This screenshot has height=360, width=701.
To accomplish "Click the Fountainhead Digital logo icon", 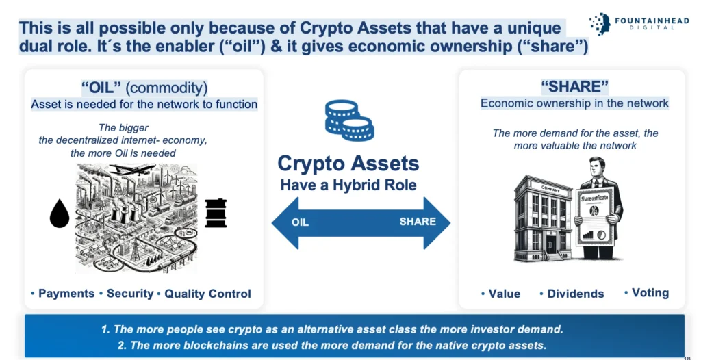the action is pyautogui.click(x=600, y=24).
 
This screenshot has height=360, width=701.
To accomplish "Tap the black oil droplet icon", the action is pyautogui.click(x=60, y=214).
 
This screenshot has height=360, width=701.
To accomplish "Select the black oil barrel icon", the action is pyautogui.click(x=216, y=213).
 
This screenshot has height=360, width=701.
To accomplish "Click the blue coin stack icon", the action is pyautogui.click(x=349, y=119).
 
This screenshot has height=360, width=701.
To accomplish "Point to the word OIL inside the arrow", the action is pyautogui.click(x=300, y=222).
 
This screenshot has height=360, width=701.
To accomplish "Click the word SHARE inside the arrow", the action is pyautogui.click(x=418, y=221).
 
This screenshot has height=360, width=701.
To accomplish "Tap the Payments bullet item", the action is pyautogui.click(x=62, y=294).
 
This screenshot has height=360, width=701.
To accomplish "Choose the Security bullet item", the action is pyautogui.click(x=127, y=294).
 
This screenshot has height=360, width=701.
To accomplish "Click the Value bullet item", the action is pyautogui.click(x=500, y=294).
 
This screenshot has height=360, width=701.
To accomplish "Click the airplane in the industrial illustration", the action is pyautogui.click(x=132, y=170).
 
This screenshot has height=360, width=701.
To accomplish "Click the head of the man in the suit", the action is pyautogui.click(x=597, y=167).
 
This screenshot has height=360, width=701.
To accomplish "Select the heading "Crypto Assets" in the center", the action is pyautogui.click(x=348, y=164).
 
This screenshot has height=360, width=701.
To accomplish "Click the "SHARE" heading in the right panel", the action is pyautogui.click(x=574, y=86).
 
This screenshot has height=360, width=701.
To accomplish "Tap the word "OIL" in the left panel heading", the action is pyautogui.click(x=102, y=88).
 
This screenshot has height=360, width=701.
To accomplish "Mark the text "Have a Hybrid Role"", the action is pyautogui.click(x=348, y=185).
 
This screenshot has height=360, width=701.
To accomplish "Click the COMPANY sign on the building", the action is pyautogui.click(x=550, y=189).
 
